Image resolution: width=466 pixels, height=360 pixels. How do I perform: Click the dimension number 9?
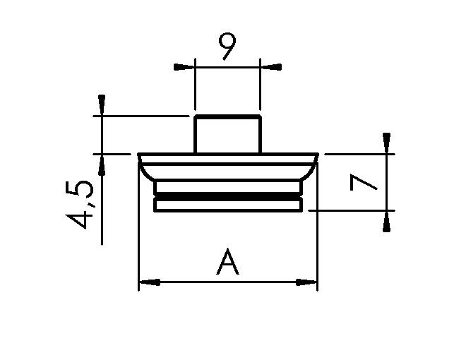227,46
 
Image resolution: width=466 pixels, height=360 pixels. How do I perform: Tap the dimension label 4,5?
79,205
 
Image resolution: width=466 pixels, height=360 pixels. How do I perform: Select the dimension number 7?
364,182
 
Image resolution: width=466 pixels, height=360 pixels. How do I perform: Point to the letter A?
227,261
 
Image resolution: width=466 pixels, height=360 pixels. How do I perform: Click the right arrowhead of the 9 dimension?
270,67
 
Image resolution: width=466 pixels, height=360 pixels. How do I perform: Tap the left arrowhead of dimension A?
150,282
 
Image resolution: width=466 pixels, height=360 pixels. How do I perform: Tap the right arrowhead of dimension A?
306,282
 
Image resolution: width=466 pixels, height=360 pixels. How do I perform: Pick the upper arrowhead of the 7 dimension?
386,143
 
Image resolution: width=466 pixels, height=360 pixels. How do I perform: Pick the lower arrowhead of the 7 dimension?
386,221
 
